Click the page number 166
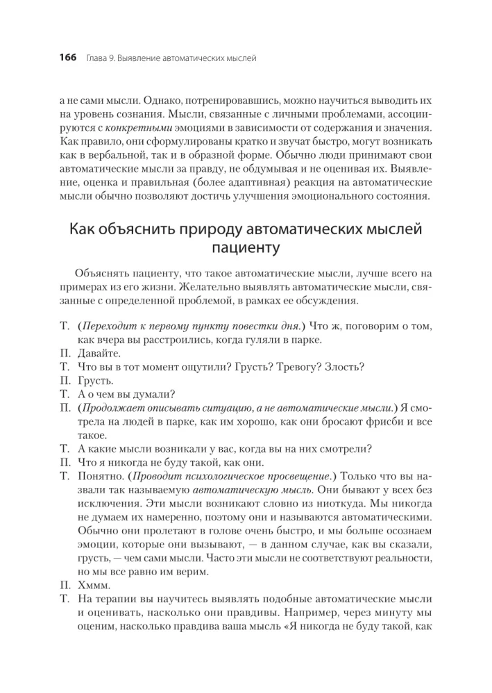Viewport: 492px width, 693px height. (x=68, y=58)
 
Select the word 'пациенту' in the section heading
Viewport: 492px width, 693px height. (x=246, y=246)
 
